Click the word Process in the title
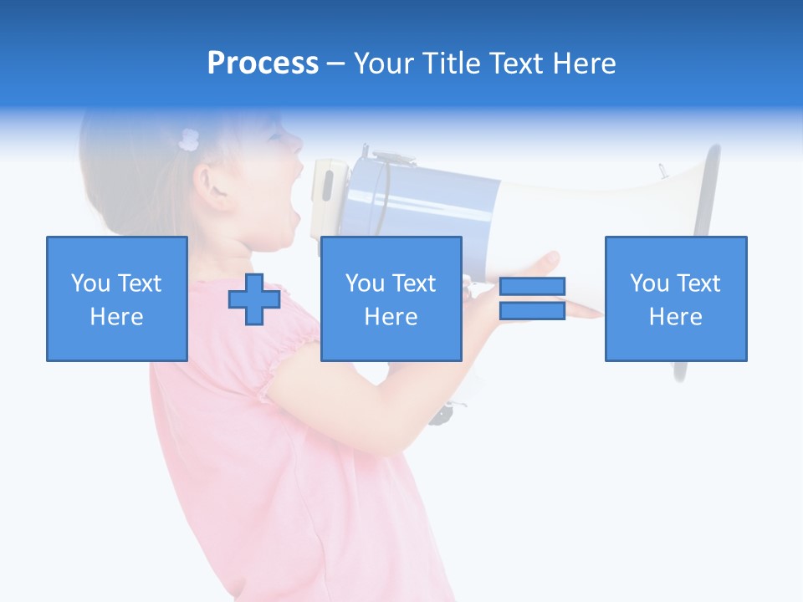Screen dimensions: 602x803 click(263, 64)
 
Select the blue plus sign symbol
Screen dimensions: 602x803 click(254, 298)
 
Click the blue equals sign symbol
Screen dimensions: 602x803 click(532, 298)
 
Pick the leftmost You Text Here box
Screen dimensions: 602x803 click(117, 298)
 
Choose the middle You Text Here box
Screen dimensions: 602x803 click(391, 298)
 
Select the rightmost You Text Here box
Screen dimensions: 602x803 click(676, 298)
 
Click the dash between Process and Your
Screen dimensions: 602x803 click(336, 64)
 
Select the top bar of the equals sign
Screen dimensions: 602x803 click(532, 286)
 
